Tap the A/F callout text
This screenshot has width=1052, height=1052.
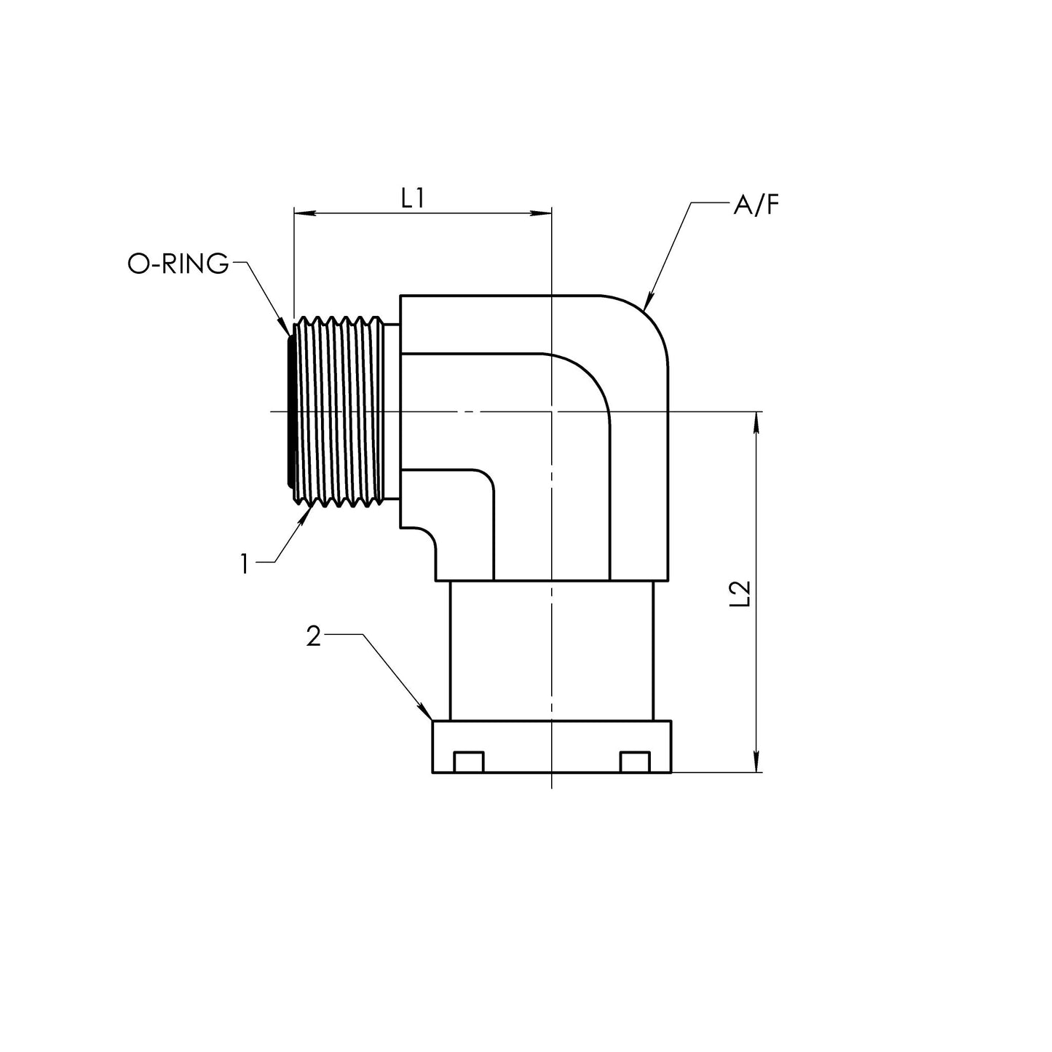[x=756, y=205]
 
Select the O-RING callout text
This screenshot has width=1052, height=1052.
[x=178, y=264]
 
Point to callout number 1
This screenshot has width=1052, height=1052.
[x=245, y=563]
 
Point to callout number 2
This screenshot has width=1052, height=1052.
[x=313, y=636]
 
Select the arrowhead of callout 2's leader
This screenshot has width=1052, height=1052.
[x=426, y=713]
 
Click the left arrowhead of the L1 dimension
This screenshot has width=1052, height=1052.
[x=304, y=213]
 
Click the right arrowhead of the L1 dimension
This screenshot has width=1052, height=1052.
[x=542, y=213]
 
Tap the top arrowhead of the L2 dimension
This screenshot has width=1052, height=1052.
[x=756, y=421]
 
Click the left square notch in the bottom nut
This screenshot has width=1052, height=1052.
[x=469, y=762]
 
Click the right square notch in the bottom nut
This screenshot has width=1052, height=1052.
[x=636, y=762]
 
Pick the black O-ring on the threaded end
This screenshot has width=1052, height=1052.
[x=290, y=411]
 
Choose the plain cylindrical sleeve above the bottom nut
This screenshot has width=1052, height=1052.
[x=551, y=651]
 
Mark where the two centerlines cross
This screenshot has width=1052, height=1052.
[x=551, y=411]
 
